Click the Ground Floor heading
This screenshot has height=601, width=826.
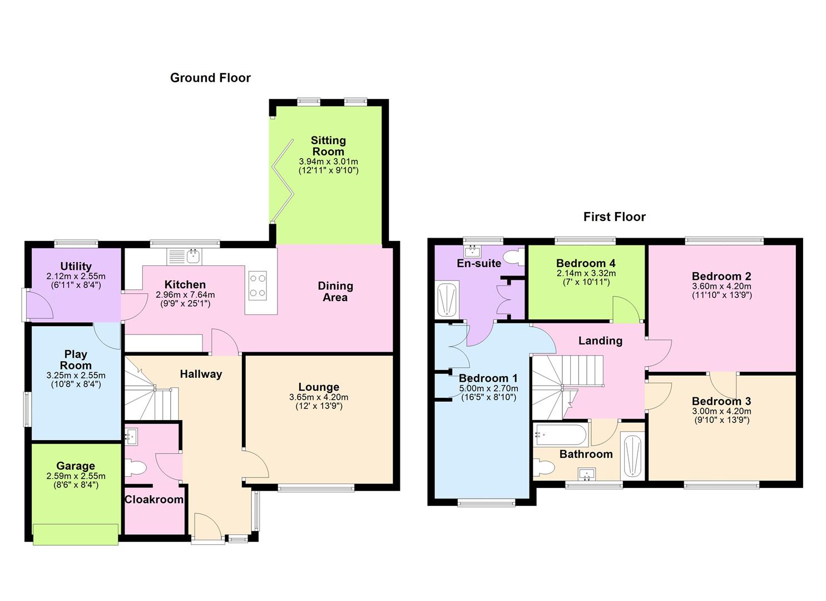pos(210,78)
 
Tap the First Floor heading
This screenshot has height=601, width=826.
pos(614,217)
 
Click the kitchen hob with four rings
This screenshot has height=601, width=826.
pos(258,284)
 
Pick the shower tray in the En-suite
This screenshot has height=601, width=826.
pos(447,299)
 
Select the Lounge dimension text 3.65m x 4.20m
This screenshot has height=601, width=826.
pos(319,397)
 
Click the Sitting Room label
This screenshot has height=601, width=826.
pos(328,146)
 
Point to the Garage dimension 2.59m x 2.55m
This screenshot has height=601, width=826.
pos(76,476)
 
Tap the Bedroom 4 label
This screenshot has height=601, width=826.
pos(586,263)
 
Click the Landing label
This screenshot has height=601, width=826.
pos(600,341)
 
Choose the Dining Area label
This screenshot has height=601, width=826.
pos(335,292)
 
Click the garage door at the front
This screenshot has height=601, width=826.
pos(76,534)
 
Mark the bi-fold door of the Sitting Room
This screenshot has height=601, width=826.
pos(282,181)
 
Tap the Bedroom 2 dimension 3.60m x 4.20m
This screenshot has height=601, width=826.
pos(721,286)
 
